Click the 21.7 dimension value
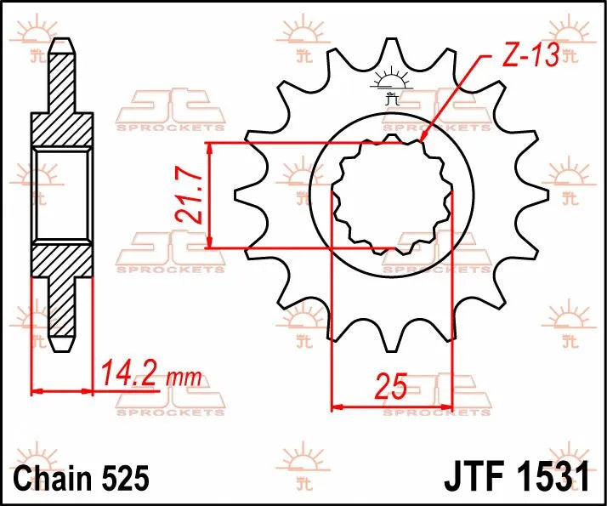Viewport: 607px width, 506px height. (x=190, y=196)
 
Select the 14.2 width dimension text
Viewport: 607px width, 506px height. (x=129, y=372)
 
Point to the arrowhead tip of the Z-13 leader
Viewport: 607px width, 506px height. (x=423, y=139)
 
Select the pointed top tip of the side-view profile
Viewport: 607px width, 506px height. (x=62, y=42)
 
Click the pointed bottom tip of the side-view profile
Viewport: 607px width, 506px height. (x=62, y=350)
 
